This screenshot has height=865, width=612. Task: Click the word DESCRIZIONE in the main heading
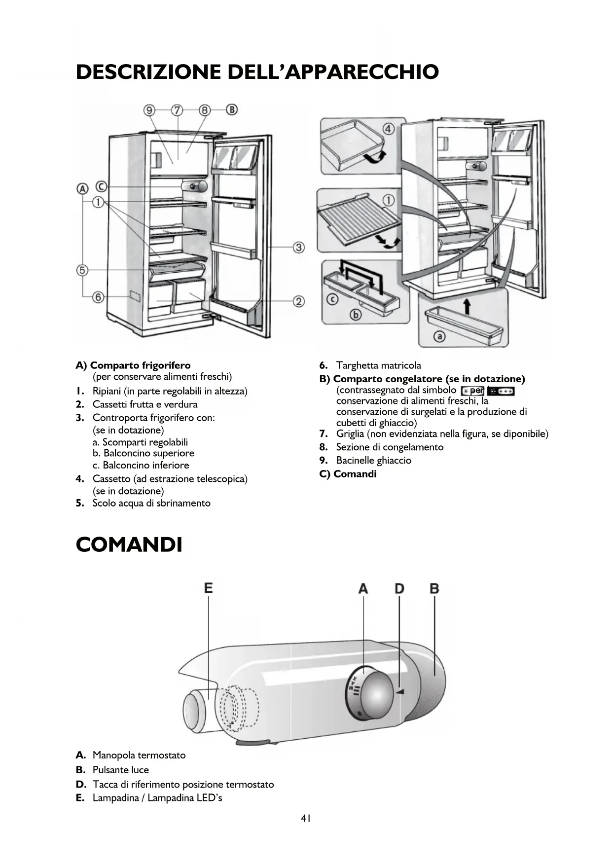pos(148,72)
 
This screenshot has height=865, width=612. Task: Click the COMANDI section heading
pos(129,545)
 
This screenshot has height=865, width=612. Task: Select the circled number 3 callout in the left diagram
pos(298,247)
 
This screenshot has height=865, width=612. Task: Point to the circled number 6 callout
pos(98,297)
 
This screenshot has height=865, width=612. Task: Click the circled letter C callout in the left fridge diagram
pos(101,186)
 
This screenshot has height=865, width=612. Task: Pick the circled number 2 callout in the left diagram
pos(298,301)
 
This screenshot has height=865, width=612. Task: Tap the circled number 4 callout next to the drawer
pos(388,130)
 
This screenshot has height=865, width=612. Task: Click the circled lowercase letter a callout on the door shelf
pos(438,336)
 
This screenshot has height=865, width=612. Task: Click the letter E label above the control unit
pos(208,588)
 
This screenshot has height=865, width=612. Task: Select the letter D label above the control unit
pos(399,588)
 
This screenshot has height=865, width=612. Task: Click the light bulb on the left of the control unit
pos(197,710)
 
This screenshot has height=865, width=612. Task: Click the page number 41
pos(306,819)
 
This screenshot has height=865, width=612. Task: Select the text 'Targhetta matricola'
pos(378,365)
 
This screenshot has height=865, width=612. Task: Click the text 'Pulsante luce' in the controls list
pos(120,770)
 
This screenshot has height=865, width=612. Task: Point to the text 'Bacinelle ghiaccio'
pos(373,460)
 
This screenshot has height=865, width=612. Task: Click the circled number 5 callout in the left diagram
pos(82,270)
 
